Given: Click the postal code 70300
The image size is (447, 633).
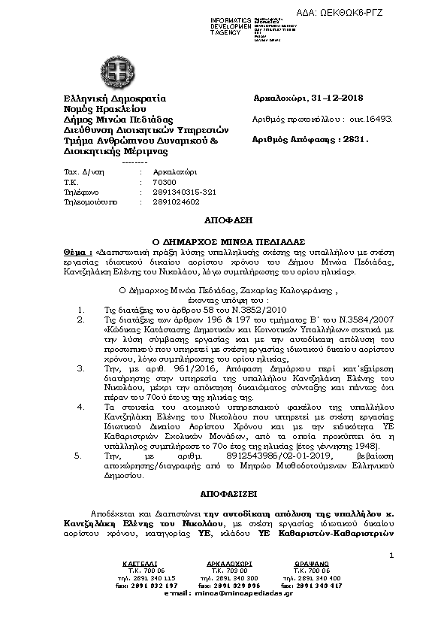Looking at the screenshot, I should [x=163, y=182].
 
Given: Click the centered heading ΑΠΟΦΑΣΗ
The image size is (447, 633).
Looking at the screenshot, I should [x=222, y=222].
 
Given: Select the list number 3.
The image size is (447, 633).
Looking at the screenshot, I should [x=80, y=368].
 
